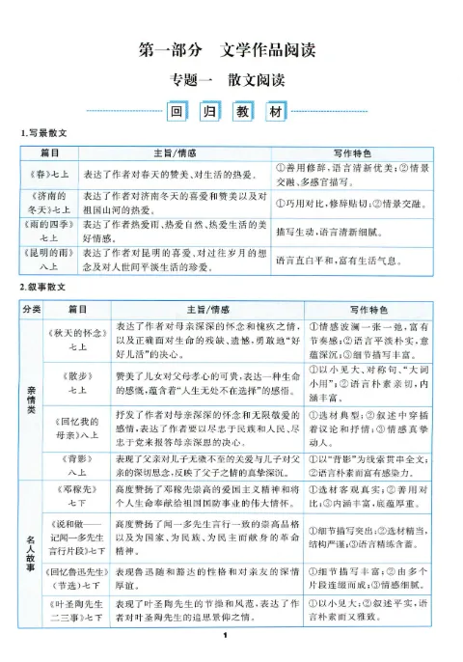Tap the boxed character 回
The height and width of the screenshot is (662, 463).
[x=176, y=113]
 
